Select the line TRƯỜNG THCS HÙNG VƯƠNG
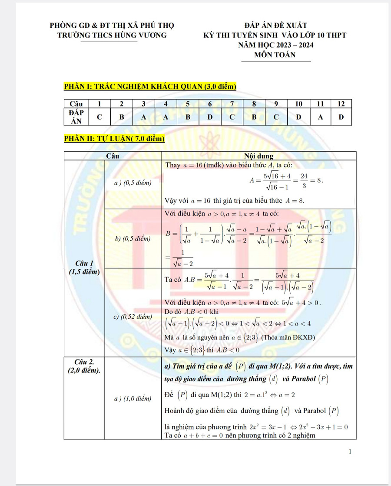(x=112, y=35)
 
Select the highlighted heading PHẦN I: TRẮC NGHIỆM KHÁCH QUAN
(x=150, y=87)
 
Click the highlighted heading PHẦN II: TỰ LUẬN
(x=115, y=139)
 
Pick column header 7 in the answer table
(x=232, y=104)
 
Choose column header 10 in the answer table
(x=298, y=104)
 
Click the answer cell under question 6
(x=210, y=117)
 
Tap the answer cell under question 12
(x=341, y=117)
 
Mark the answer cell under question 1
(x=99, y=117)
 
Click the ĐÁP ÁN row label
(x=76, y=117)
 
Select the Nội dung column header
(x=259, y=156)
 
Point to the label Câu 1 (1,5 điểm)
(x=84, y=267)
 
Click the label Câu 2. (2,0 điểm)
(x=84, y=366)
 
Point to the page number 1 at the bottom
(x=350, y=452)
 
